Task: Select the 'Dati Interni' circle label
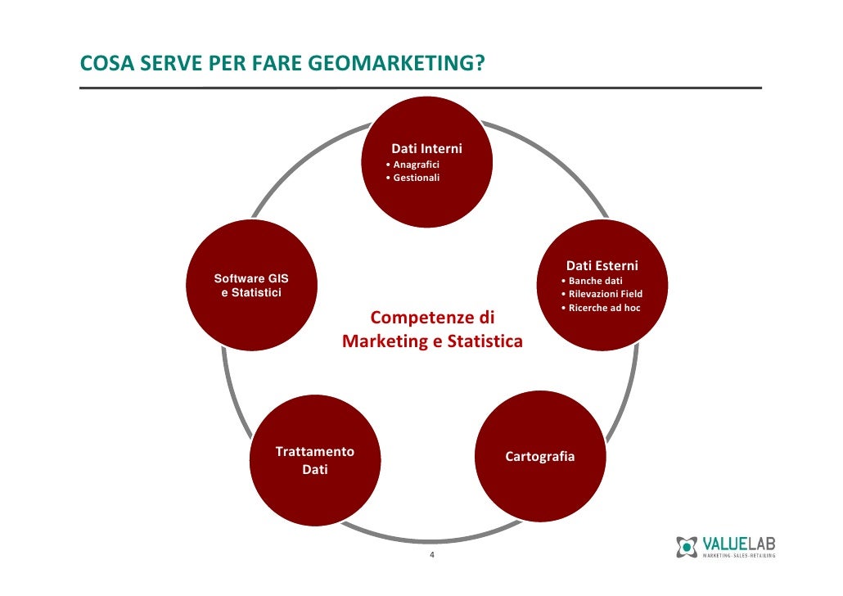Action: [x=426, y=149]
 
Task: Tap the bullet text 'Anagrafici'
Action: [x=418, y=165]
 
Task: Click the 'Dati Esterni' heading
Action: [x=602, y=266]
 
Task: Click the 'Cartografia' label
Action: [x=540, y=456]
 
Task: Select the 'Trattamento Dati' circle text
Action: [x=315, y=461]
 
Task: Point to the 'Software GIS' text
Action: [x=251, y=279]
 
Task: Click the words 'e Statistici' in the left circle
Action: [x=251, y=292]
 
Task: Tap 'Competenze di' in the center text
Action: [x=433, y=318]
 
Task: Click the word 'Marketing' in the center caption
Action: [x=381, y=341]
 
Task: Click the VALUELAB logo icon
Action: [x=687, y=546]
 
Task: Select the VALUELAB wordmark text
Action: [x=739, y=542]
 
